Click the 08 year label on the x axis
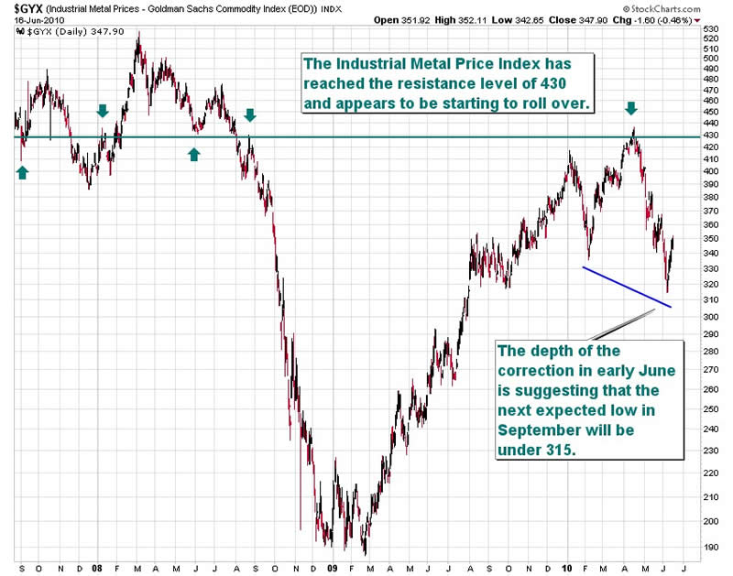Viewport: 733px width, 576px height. coord(98,567)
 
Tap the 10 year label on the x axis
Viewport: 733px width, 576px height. coord(569,567)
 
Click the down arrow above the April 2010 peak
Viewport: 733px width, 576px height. coord(631,109)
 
